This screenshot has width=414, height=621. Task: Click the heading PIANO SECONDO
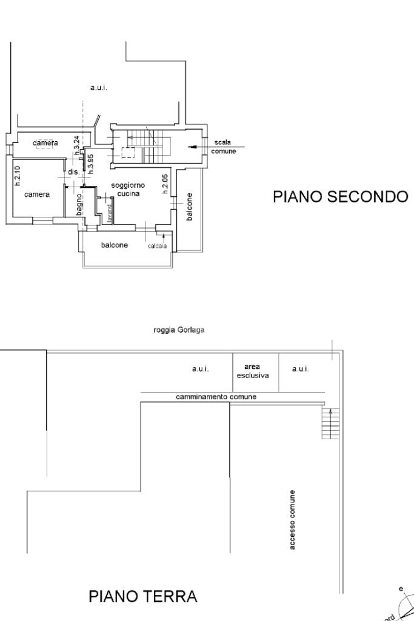341,197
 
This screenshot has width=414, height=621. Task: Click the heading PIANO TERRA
143,597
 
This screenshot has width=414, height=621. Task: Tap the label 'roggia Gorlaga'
181,331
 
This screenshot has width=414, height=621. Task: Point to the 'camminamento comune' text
216,397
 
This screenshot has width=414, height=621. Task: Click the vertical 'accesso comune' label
293,520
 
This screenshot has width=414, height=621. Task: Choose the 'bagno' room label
79,204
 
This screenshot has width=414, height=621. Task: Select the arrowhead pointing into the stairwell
192,146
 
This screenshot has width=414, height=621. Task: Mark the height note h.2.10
18,176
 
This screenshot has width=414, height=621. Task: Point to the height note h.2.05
165,184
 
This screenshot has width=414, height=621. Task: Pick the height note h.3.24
76,145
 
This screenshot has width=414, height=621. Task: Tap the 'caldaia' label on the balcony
156,246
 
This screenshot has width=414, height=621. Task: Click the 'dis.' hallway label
73,172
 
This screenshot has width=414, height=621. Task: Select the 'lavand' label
110,214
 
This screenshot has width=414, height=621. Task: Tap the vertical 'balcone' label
189,207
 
